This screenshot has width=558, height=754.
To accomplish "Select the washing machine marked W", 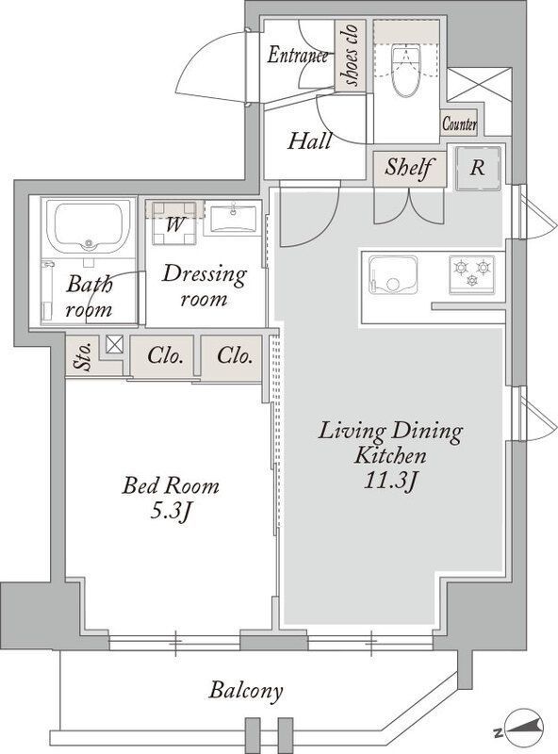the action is [174, 223].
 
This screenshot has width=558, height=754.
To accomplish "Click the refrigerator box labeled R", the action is [478, 168].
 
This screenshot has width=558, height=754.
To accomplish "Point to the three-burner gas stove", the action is [472, 274].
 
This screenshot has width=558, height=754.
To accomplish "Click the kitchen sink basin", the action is [393, 275].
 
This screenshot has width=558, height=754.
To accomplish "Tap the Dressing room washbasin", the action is [234, 219].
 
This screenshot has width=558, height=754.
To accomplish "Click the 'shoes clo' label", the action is [351, 56].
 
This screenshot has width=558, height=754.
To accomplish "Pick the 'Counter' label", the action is [459, 124].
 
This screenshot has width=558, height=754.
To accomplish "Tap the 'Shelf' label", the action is [409, 168].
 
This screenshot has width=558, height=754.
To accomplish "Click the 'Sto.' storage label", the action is [83, 357].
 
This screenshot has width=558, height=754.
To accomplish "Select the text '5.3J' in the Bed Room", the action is [171, 512].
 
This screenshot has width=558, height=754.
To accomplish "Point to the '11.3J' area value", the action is [389, 482].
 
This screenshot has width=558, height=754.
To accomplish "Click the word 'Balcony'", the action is [245, 692].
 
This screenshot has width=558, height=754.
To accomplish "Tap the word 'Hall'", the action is [309, 141].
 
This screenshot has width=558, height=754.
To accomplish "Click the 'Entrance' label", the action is [298, 55].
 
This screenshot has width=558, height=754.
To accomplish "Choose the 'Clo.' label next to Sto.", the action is [165, 356].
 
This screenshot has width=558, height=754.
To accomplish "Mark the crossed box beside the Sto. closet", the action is [114, 344].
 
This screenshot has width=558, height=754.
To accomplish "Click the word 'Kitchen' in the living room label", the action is [389, 455].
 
